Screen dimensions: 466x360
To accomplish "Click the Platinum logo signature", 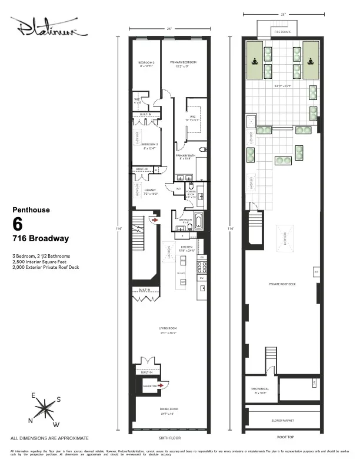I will (48, 28).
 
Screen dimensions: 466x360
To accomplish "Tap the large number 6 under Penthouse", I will (18, 224).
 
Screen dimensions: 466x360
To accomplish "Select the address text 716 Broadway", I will (41, 239).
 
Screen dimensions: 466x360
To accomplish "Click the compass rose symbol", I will (44, 407).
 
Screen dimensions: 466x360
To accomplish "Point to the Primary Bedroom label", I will (183, 62).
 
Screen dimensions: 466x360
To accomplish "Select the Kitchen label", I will (186, 247).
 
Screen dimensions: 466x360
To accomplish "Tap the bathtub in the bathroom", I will (198, 223).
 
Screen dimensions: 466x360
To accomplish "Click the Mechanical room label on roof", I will (261, 389).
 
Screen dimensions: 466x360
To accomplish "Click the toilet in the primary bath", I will (203, 149).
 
